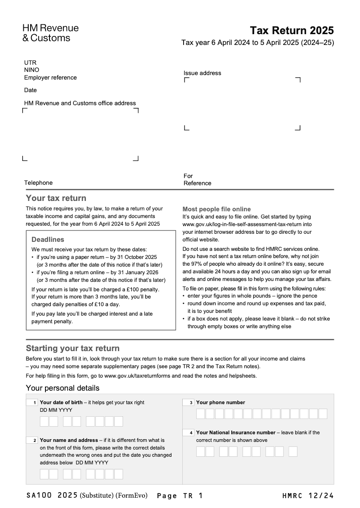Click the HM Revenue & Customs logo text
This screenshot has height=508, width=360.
click(x=50, y=33)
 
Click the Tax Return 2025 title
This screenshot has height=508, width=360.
click(x=292, y=31)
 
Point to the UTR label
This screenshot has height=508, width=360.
click(x=30, y=62)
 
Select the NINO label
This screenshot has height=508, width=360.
click(x=31, y=70)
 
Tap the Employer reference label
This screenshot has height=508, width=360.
click(x=50, y=78)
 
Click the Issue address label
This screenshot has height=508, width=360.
click(x=202, y=73)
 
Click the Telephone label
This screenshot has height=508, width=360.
click(x=38, y=183)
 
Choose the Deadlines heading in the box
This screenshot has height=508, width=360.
click(x=48, y=240)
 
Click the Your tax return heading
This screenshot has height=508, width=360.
click(x=56, y=198)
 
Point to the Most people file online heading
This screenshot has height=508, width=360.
click(x=216, y=209)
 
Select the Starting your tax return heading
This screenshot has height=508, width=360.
click(x=72, y=348)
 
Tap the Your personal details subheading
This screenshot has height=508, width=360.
click(x=63, y=388)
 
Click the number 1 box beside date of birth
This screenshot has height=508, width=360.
click(x=32, y=403)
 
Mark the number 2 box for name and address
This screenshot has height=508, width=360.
click(x=32, y=441)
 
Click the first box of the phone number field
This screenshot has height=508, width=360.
click(x=201, y=414)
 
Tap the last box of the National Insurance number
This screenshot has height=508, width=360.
click(x=293, y=451)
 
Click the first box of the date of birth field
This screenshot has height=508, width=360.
click(x=44, y=421)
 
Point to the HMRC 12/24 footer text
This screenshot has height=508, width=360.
click(x=308, y=496)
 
